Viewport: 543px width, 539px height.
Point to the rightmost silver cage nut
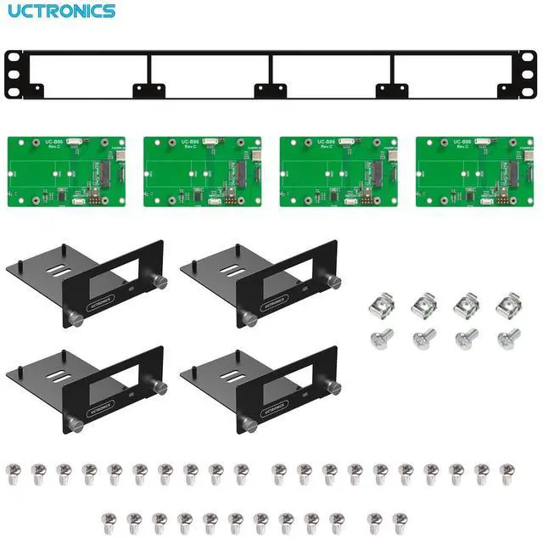tap(507, 303)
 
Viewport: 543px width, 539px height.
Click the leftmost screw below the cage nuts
tap(382, 338)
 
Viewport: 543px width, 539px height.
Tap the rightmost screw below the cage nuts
tap(507, 338)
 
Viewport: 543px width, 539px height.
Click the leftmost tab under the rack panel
tap(144, 90)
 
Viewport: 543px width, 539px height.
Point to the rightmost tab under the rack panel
tap(389, 90)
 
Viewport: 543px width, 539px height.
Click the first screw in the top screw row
tap(14, 474)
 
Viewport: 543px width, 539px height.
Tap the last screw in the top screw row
tap(507, 474)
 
